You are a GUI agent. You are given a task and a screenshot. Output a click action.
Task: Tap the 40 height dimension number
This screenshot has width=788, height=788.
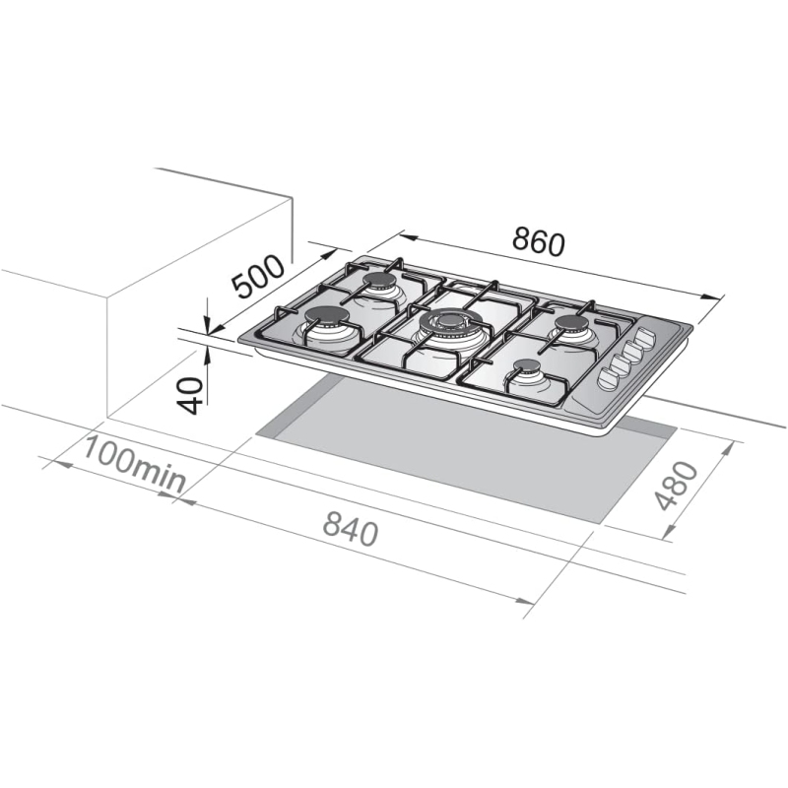tap(194, 394)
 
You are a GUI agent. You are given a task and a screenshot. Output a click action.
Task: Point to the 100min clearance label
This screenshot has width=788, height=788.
tap(134, 463)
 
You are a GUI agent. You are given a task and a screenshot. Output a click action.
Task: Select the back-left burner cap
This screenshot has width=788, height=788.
tap(380, 283)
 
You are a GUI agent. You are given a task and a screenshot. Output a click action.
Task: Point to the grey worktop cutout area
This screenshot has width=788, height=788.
tap(463, 453)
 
